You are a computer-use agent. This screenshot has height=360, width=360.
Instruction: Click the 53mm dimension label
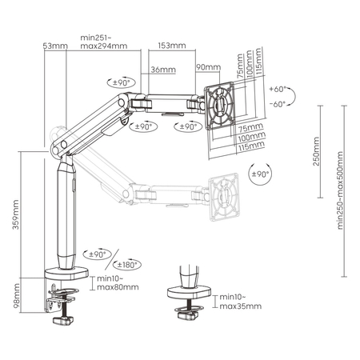[54, 46]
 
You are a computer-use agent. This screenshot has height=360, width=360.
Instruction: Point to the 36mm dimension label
[162, 70]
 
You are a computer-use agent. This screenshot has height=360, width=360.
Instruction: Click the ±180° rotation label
[128, 265]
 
